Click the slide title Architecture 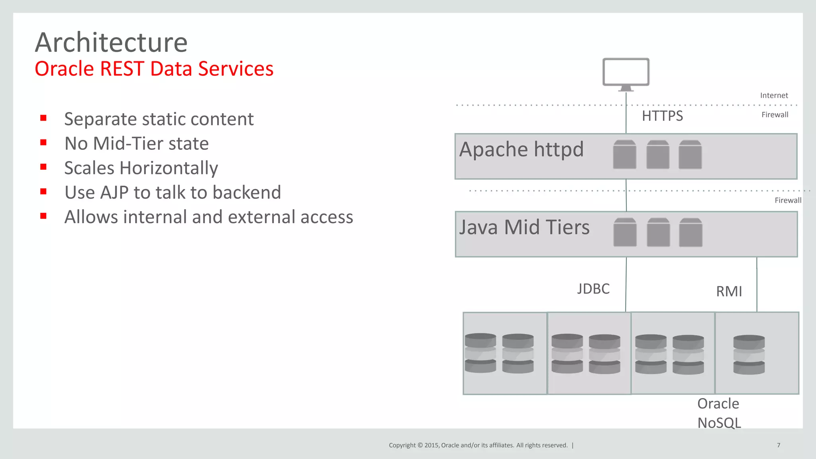[111, 42]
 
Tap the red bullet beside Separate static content [43, 118]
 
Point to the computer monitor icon [626, 73]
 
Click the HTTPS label [662, 116]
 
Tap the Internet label [774, 96]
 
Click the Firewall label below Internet [775, 115]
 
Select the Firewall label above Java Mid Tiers [788, 200]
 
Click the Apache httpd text [521, 150]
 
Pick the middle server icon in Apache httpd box [658, 155]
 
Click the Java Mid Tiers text [524, 228]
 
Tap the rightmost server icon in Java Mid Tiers [690, 232]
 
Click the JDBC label [593, 289]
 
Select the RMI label [729, 292]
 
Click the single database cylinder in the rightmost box [749, 355]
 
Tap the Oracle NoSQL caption [719, 413]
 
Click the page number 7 [779, 445]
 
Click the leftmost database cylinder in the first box [481, 353]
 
